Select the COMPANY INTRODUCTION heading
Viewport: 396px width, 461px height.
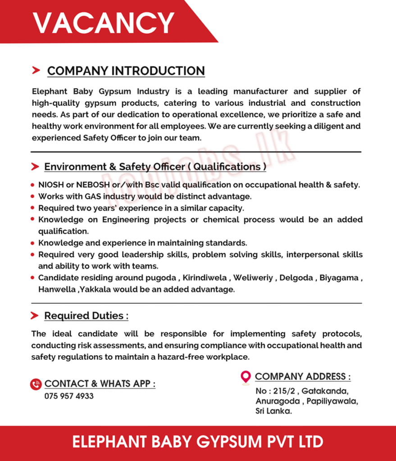tap(126, 71)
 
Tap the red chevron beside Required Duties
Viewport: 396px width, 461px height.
tap(35, 316)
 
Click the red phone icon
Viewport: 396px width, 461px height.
tap(36, 384)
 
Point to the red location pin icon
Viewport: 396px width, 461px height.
tap(246, 377)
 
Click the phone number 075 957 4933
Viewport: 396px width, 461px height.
tap(69, 396)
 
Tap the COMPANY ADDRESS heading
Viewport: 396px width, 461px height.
tap(303, 376)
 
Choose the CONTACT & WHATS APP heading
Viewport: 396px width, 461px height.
tap(100, 384)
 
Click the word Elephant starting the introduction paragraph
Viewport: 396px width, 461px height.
tap(49, 92)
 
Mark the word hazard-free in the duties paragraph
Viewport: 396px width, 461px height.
tap(179, 357)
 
